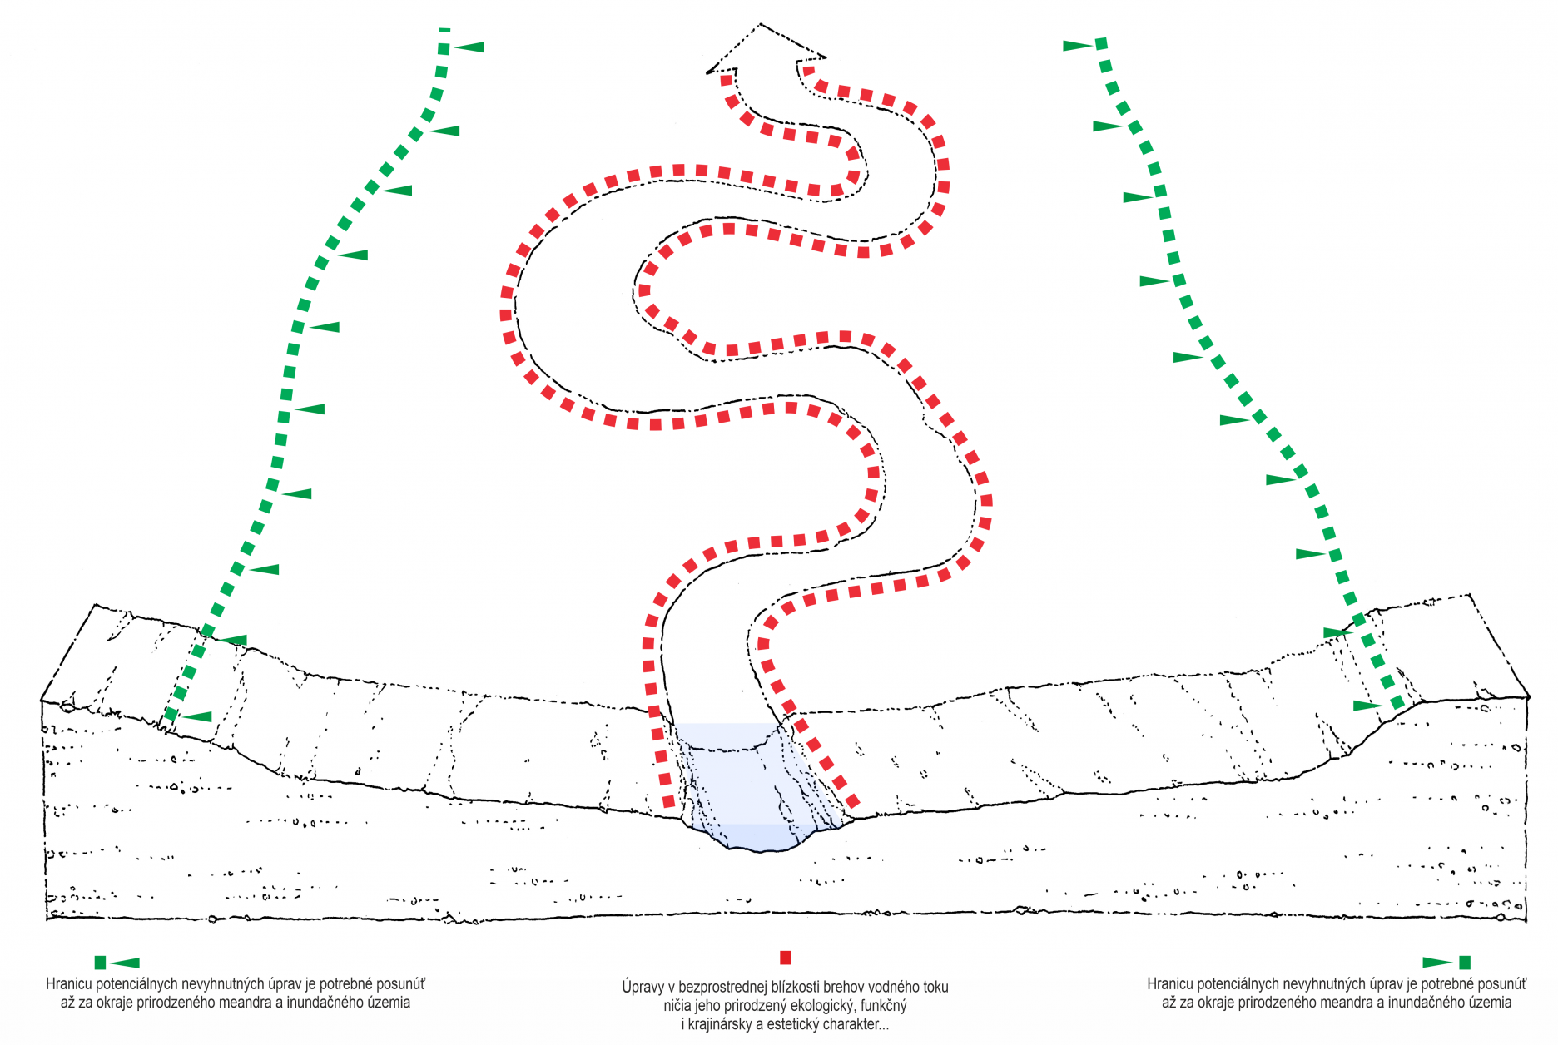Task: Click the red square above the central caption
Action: [785, 958]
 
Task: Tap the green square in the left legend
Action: [100, 963]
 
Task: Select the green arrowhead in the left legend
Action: [125, 963]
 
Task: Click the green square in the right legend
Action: [1465, 963]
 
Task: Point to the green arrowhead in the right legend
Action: [1438, 963]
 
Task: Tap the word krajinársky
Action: [720, 1024]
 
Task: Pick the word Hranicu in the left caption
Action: [69, 984]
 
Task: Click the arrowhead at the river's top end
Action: [766, 48]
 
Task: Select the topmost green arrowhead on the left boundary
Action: [469, 47]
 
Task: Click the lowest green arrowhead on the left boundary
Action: [197, 716]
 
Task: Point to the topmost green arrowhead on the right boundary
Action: [1079, 46]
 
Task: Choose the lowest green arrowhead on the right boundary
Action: [1368, 706]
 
